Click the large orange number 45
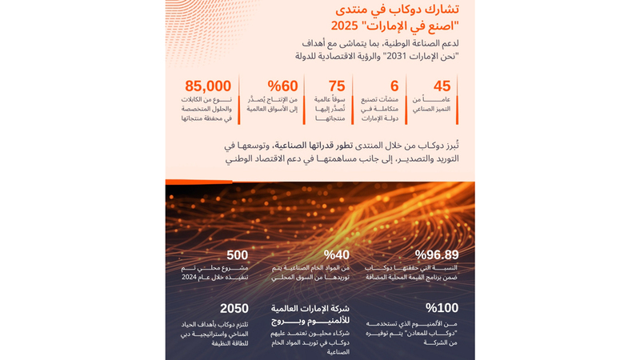442,86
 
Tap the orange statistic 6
394,86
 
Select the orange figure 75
337,86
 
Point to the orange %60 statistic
282,86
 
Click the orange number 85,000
208,86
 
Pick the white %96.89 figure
436,255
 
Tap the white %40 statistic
336,255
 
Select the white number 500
237,255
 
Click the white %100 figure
442,308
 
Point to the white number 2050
234,308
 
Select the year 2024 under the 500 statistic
189,277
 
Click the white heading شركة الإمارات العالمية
310,308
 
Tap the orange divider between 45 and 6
406,100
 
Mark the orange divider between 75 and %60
304,100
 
